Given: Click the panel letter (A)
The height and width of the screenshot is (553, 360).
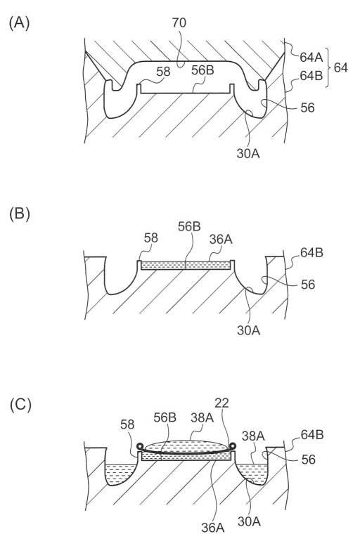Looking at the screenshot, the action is (x=19, y=23).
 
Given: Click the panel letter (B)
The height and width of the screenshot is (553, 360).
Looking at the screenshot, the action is (x=20, y=214).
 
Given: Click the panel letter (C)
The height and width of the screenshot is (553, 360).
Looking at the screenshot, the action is (x=20, y=405).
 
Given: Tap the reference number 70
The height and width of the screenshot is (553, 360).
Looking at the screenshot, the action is (x=179, y=23).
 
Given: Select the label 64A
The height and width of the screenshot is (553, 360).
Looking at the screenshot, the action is (x=311, y=57).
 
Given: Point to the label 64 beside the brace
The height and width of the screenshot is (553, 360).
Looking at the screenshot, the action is (x=340, y=67).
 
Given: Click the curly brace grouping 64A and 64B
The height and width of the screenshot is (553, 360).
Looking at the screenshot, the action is (x=330, y=67).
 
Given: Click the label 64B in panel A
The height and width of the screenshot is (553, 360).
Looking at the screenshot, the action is (x=311, y=75).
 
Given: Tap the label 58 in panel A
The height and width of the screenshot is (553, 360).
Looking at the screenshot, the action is (x=163, y=72).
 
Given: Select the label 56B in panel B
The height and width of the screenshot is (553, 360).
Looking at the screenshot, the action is (x=189, y=227).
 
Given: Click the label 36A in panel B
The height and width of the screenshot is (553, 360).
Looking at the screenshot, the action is (x=221, y=240).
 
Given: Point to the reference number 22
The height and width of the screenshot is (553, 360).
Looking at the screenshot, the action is (x=222, y=403).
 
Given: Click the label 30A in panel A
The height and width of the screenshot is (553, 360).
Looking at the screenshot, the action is (x=248, y=154).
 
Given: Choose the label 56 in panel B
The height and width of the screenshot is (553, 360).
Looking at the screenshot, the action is (x=308, y=285).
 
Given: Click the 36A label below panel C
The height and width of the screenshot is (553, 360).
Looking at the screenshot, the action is (x=213, y=528).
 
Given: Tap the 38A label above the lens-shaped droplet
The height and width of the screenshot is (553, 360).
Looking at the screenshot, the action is (x=202, y=417).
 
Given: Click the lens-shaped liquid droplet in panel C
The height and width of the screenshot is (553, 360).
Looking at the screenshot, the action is (x=186, y=445).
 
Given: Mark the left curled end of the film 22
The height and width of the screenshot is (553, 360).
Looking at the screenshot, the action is (x=141, y=446).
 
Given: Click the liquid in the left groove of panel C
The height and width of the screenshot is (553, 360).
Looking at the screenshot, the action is (x=119, y=474).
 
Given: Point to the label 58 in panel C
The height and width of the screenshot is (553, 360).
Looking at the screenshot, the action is (x=127, y=424).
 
